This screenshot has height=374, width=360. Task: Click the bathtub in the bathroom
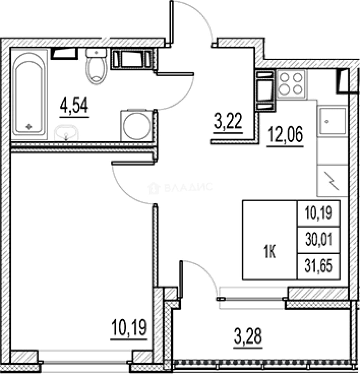point(29,94)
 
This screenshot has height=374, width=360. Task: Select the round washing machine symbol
point(137,125)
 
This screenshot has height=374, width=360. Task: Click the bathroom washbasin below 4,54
point(67,133)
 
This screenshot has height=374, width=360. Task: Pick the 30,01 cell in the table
point(319,240)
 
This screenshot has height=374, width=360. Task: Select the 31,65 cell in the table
point(319,266)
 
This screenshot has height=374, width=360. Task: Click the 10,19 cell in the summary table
point(319,213)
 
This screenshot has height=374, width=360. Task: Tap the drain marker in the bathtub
point(29,126)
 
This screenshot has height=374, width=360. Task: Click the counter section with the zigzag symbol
point(332,180)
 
